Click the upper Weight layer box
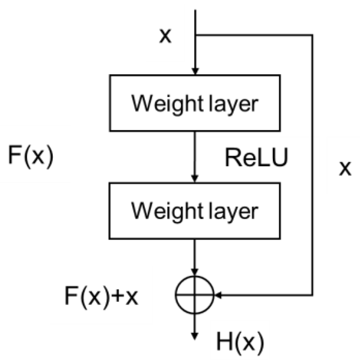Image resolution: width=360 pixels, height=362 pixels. tap(195, 103)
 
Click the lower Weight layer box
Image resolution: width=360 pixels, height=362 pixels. tap(195, 211)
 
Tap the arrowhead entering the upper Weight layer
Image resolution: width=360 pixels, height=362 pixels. tap(195, 72)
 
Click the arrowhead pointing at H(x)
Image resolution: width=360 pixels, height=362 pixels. tap(195, 336)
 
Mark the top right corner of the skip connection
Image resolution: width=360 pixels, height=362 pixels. tap(313, 35)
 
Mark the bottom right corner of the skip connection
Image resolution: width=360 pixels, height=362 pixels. tap(313, 295)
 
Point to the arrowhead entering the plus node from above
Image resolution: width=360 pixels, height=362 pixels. tap(195, 272)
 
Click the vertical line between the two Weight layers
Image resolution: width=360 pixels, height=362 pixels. tap(195, 155)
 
